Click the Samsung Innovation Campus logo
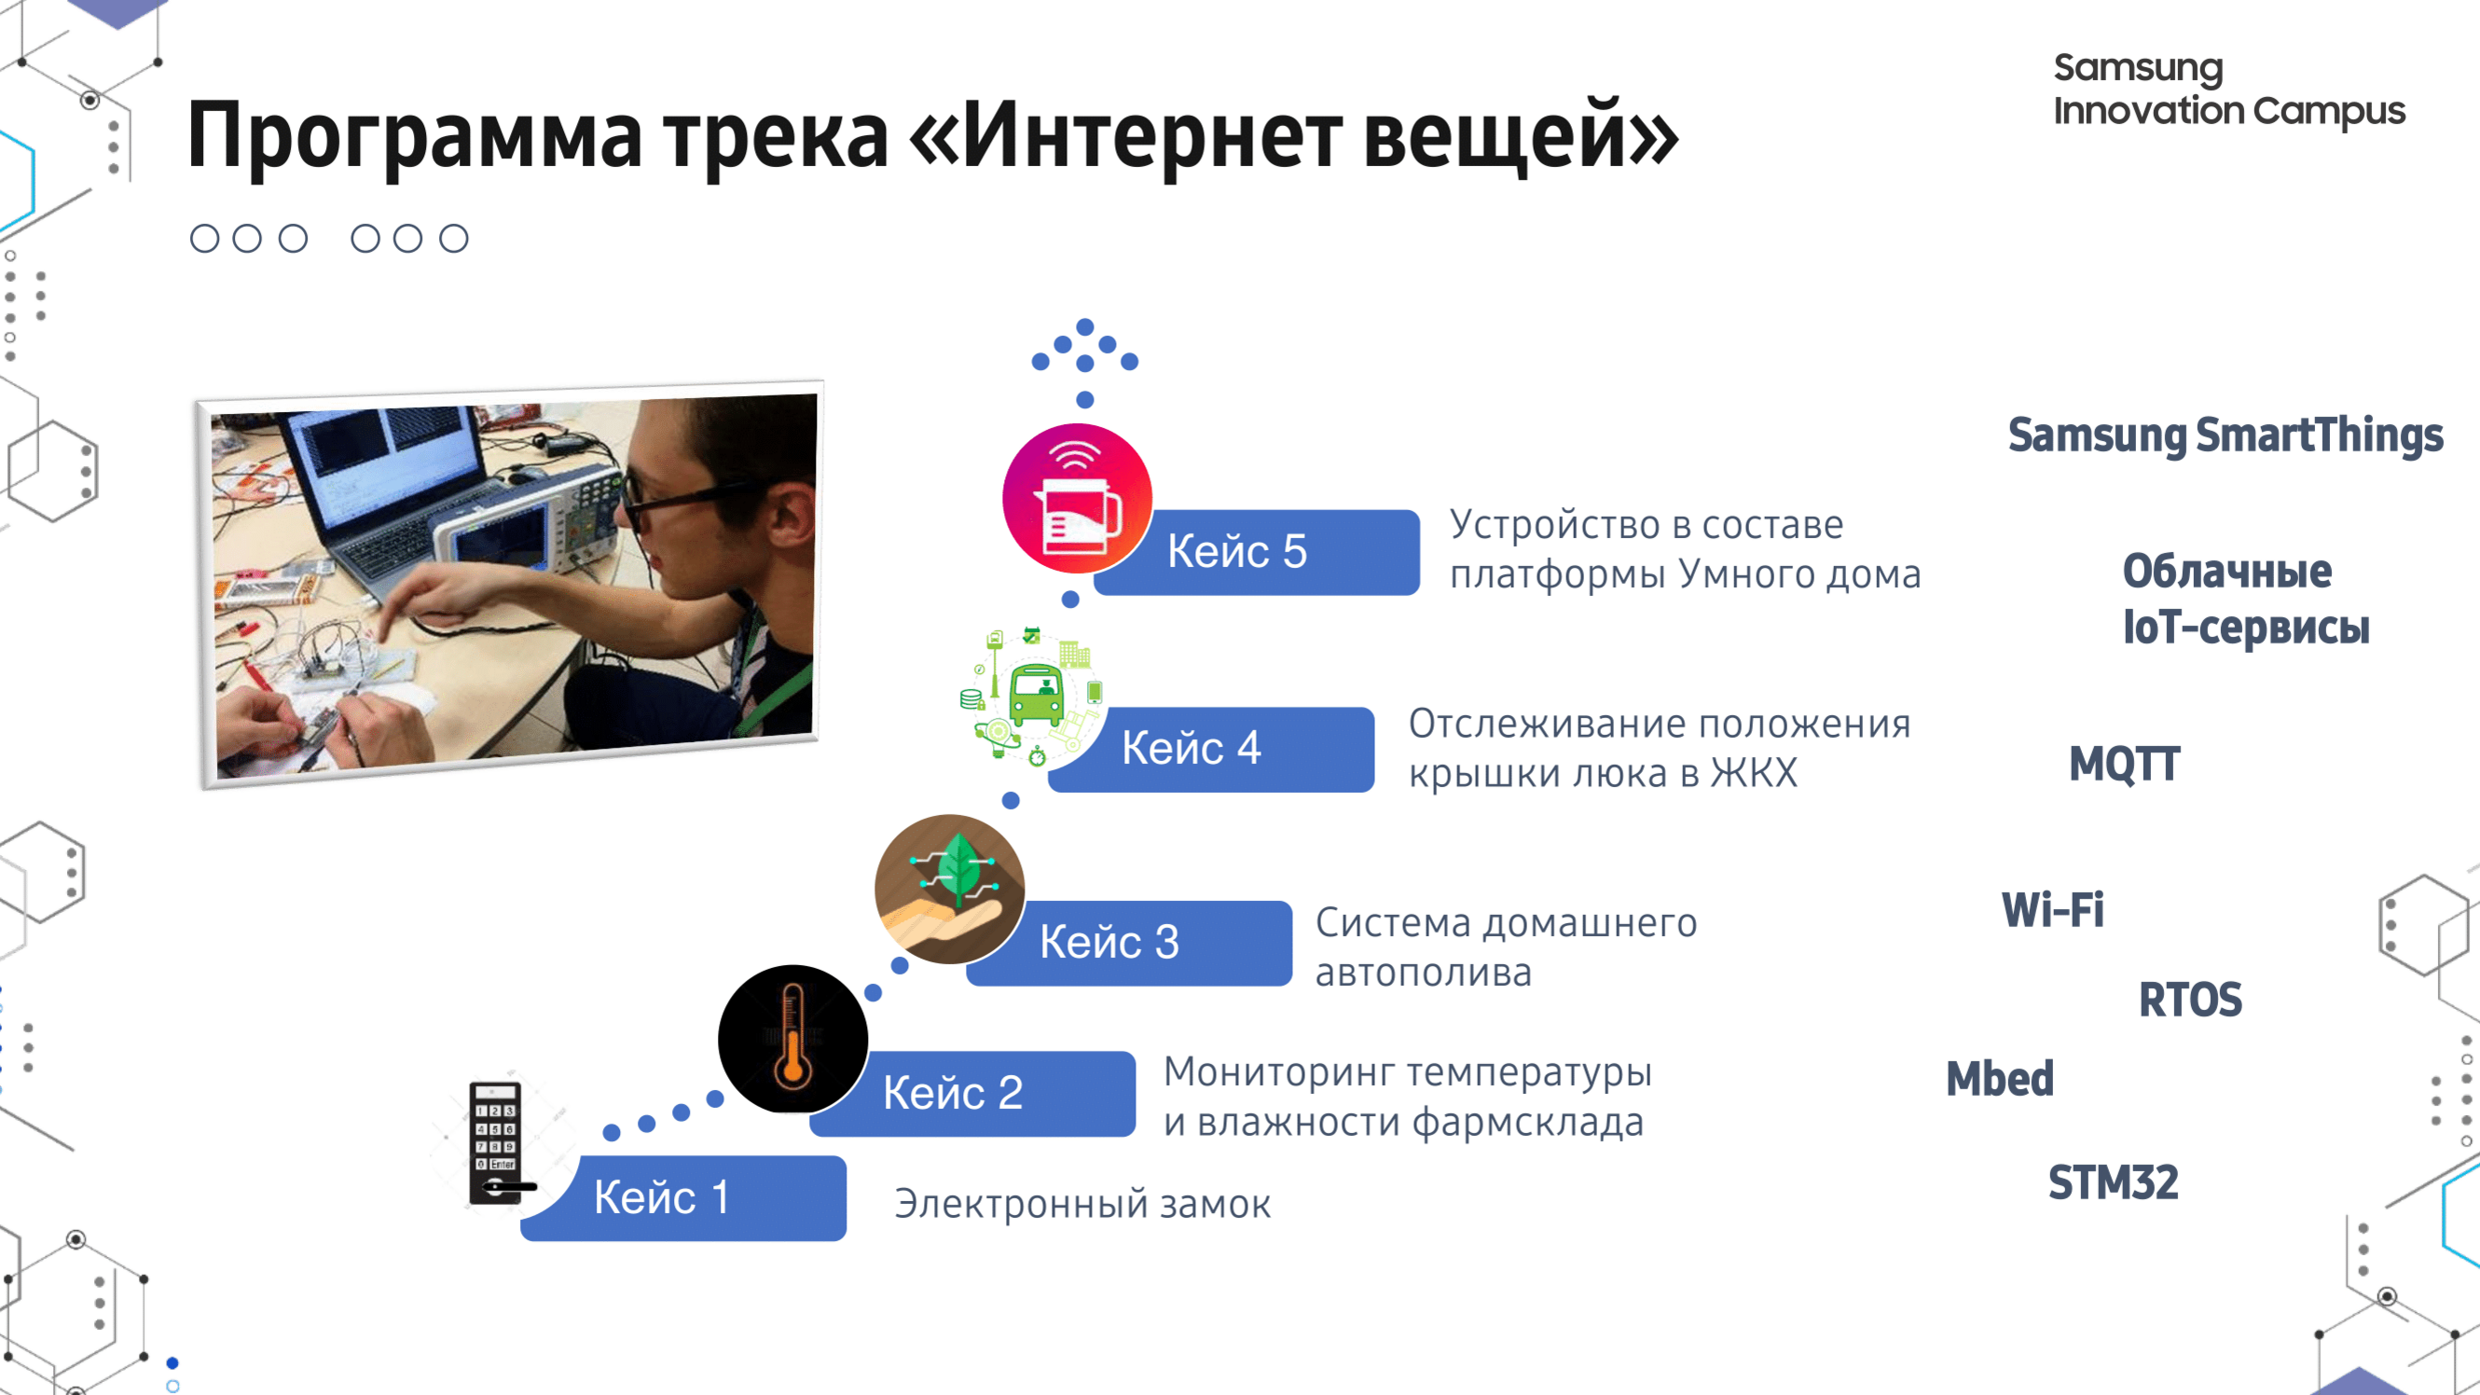click(x=2228, y=90)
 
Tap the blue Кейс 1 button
click(x=683, y=1197)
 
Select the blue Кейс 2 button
click(x=972, y=1094)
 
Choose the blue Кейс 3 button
click(x=1128, y=943)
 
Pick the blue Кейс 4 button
click(x=1211, y=749)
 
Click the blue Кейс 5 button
click(x=1257, y=552)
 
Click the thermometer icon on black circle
click(x=793, y=1039)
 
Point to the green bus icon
click(x=1037, y=694)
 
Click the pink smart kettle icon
click(x=1077, y=499)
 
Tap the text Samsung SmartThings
click(x=2225, y=435)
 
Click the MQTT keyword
click(x=2125, y=765)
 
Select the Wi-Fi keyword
click(x=2054, y=910)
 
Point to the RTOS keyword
click(x=2190, y=1000)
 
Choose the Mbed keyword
click(x=2000, y=1078)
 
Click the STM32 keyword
click(x=2114, y=1182)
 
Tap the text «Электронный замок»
click(x=1082, y=1205)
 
